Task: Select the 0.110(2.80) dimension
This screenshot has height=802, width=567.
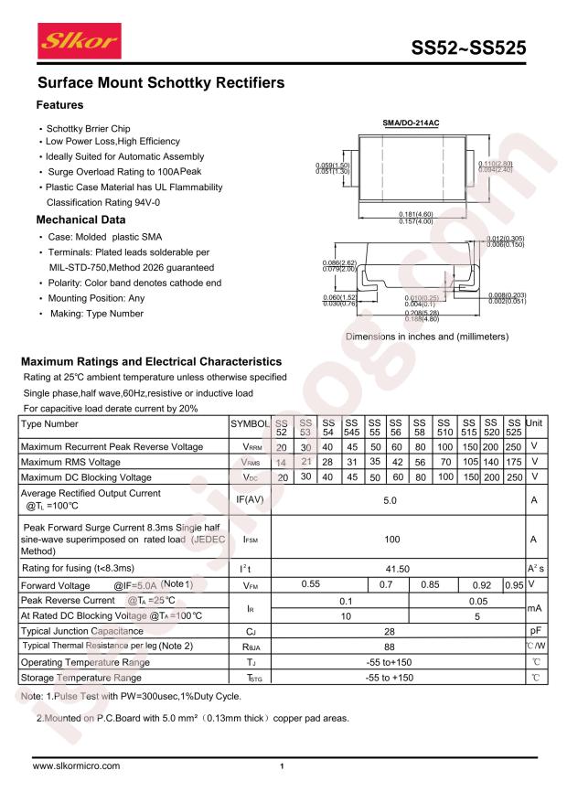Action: click(x=496, y=163)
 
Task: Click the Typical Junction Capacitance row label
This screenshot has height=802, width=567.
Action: click(x=88, y=630)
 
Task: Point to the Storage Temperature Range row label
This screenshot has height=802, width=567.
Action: click(x=80, y=678)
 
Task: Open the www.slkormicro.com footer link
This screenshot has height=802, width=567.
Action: click(x=76, y=765)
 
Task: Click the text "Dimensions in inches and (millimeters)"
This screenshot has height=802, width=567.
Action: click(x=426, y=337)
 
